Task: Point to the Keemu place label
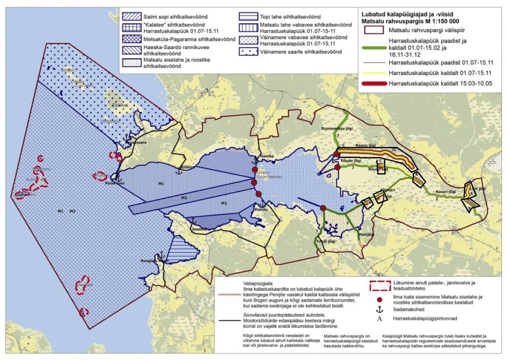[261, 210]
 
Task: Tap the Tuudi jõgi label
[323, 241]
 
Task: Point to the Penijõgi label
[366, 233]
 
